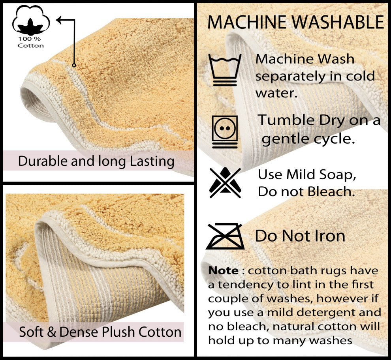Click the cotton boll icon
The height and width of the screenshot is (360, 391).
(31, 21)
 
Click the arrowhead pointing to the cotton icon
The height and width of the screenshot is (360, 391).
(59, 20)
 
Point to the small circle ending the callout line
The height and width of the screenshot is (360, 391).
(74, 65)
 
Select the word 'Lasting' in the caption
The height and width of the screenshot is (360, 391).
(152, 161)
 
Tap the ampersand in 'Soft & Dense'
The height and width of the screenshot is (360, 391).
(51, 332)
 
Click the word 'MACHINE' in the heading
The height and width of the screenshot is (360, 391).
(247, 22)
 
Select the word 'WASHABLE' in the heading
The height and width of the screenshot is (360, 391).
(338, 22)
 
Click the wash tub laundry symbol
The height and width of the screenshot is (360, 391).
(225, 70)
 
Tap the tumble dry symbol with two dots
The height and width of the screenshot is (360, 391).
(225, 132)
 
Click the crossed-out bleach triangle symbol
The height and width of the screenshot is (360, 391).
(225, 182)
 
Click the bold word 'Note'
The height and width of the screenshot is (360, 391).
(223, 270)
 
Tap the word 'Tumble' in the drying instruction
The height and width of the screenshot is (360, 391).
(286, 120)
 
